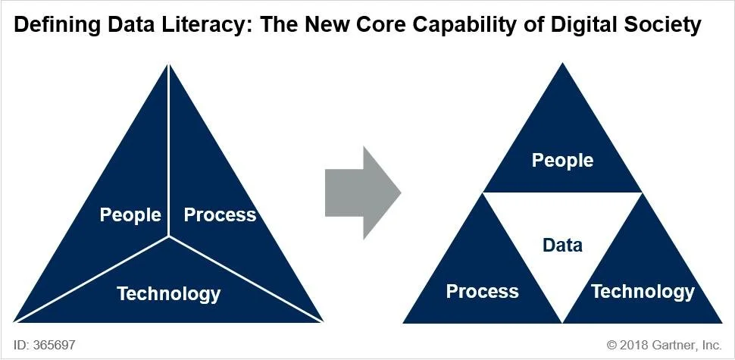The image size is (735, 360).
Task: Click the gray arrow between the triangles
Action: pyautogui.click(x=362, y=193)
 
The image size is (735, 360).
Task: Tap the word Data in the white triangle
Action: pyautogui.click(x=562, y=245)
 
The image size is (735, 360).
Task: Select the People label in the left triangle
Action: pyautogui.click(x=130, y=214)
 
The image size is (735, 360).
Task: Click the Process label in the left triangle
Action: pyautogui.click(x=220, y=214)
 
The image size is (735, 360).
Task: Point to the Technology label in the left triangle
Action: pyautogui.click(x=168, y=293)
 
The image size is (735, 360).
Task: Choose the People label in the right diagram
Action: pyautogui.click(x=562, y=160)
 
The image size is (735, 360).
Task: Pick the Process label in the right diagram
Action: pyautogui.click(x=482, y=291)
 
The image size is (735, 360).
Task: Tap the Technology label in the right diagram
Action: pyautogui.click(x=643, y=291)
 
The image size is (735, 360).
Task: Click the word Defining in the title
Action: pyautogui.click(x=55, y=25)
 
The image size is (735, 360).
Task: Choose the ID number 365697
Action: pyautogui.click(x=53, y=345)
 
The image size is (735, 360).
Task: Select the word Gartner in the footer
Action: pyautogui.click(x=676, y=345)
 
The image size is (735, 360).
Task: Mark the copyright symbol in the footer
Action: pyautogui.click(x=612, y=345)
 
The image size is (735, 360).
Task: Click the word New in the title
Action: pyautogui.click(x=338, y=25)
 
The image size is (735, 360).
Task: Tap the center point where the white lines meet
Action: pyautogui.click(x=168, y=236)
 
